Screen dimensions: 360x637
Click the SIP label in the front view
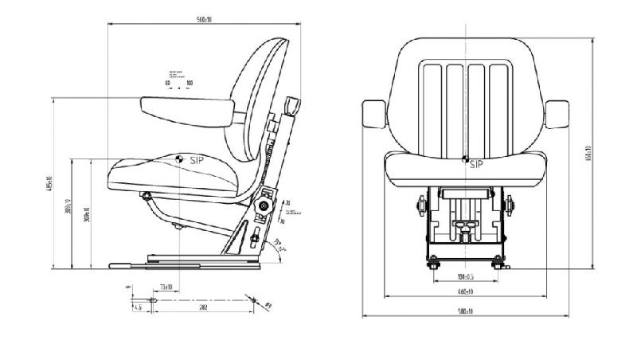pos(476,165)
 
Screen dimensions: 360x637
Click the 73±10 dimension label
pos(166,286)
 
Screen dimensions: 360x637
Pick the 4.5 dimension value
pos(138,307)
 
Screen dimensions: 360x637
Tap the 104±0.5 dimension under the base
pos(466,278)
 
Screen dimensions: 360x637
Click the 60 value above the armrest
pos(168,82)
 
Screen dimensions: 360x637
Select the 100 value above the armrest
pos(190,82)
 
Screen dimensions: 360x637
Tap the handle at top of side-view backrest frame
pos(291,106)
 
